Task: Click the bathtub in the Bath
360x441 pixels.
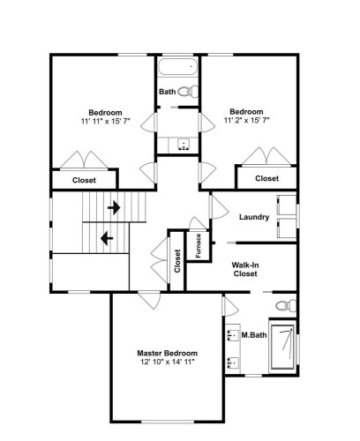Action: tap(177, 67)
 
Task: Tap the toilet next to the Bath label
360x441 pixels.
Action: tap(189, 92)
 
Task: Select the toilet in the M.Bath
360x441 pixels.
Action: tap(286, 306)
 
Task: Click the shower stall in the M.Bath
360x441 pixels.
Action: tap(282, 347)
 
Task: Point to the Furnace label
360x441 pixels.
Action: tap(199, 246)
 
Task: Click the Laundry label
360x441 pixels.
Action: tap(254, 217)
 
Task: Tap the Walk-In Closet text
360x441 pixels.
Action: tap(245, 269)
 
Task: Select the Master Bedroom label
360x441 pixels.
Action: tap(168, 353)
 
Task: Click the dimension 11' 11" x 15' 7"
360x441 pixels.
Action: tap(106, 121)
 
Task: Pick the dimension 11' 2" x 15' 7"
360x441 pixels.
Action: tap(247, 120)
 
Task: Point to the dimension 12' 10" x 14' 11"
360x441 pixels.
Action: tap(168, 362)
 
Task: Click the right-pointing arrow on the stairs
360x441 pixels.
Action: tap(114, 208)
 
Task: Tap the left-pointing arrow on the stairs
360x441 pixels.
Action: tap(107, 238)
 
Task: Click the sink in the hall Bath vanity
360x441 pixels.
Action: tap(184, 145)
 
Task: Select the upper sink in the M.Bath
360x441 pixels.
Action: tap(233, 335)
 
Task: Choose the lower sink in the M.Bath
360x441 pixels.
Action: tap(233, 363)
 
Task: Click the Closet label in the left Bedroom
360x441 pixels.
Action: tap(84, 180)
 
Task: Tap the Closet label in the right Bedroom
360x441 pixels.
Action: tap(266, 178)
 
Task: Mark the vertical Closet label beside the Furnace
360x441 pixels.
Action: tap(177, 261)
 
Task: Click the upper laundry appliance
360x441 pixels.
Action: tap(287, 206)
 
